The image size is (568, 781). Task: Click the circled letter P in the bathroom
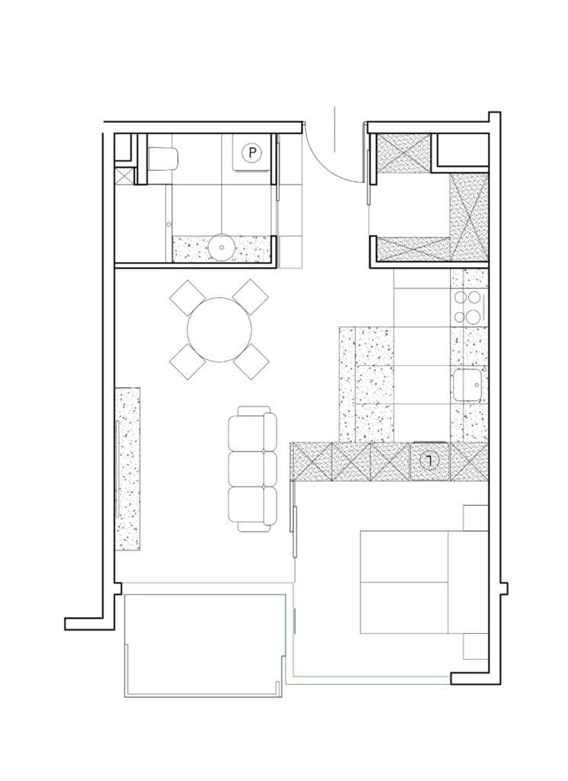252,153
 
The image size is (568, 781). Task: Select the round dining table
220,329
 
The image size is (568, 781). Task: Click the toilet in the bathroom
163,159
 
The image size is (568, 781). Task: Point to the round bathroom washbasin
220,246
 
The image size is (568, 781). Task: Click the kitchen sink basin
467,385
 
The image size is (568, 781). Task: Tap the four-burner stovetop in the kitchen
467,307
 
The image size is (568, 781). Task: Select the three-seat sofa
252,469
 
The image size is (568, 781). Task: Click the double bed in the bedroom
423,582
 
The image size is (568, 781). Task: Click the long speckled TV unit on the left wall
127,469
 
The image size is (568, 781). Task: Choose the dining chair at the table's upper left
188,297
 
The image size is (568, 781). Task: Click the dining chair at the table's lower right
252,361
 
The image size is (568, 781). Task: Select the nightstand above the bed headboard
476,518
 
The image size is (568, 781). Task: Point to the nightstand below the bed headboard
476,647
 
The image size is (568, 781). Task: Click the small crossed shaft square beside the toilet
124,176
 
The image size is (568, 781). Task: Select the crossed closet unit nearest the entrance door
403,153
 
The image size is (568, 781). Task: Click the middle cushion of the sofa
252,468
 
